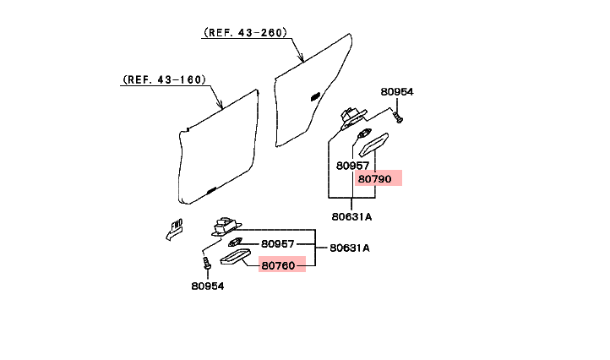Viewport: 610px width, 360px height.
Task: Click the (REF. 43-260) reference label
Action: [x=245, y=32]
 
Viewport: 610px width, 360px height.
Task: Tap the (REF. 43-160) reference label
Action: [x=164, y=80]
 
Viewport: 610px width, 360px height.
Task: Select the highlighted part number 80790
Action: [x=375, y=178]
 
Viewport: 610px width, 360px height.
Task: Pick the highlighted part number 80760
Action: [x=278, y=265]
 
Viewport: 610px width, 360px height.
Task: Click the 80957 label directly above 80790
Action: [x=353, y=166]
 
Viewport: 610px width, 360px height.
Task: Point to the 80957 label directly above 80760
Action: [x=278, y=243]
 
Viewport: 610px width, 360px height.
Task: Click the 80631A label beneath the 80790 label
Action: [x=351, y=216]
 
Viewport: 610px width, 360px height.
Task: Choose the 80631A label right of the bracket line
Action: [x=350, y=248]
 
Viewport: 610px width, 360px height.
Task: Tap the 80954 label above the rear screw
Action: [x=397, y=91]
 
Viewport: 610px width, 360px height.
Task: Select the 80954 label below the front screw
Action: [x=208, y=286]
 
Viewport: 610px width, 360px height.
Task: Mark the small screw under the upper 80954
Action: [x=399, y=117]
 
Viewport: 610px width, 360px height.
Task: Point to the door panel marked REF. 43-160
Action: [x=220, y=148]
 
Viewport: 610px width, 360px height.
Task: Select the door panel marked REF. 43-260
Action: [x=313, y=93]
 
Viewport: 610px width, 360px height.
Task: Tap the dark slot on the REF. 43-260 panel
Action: [x=315, y=97]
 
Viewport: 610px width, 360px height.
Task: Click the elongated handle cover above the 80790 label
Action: [x=373, y=145]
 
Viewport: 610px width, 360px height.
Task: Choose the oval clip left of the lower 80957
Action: [x=237, y=243]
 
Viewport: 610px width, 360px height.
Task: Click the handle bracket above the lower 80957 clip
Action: [x=225, y=226]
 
